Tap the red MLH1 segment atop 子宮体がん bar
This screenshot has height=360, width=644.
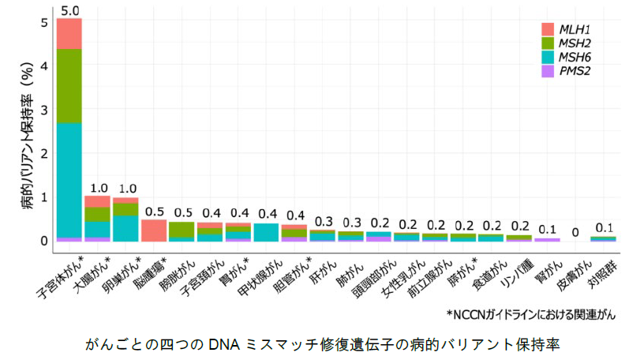coord(69,33)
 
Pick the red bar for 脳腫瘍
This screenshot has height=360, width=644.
coord(153,230)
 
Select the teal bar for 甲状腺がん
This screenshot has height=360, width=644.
coord(266,232)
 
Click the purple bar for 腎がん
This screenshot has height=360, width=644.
coord(547,239)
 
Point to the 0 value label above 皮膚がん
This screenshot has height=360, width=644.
coord(575,232)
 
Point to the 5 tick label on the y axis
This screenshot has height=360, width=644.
coord(45,22)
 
